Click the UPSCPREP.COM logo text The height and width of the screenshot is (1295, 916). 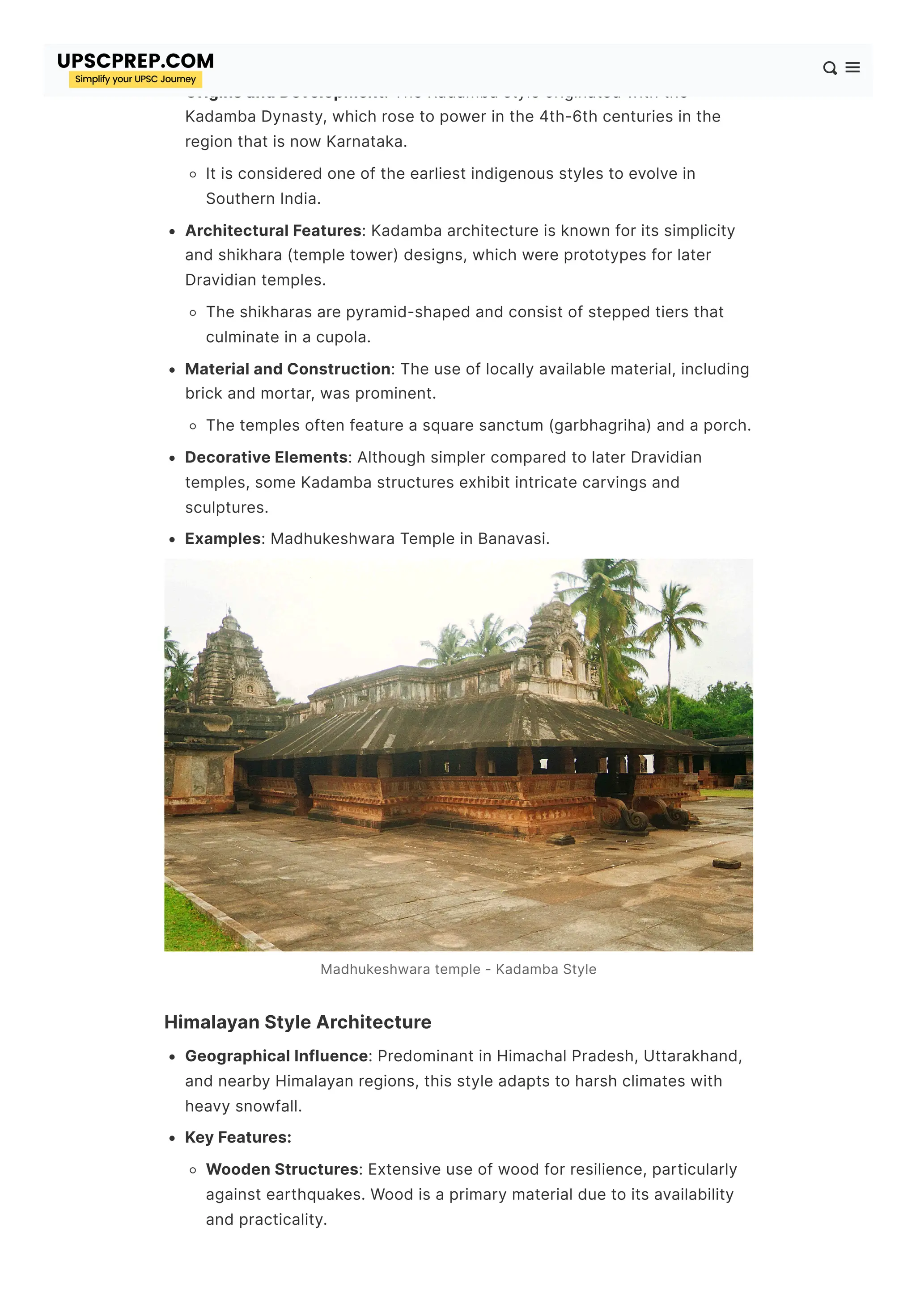(136, 61)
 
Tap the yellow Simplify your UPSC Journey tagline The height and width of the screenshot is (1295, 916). (136, 80)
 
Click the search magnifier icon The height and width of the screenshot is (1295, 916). (829, 68)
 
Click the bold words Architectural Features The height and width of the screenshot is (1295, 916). (273, 231)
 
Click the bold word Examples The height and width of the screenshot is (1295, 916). (223, 538)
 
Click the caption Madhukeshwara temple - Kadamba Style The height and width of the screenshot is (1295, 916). (458, 969)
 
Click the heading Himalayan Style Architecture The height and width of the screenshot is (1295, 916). (297, 1022)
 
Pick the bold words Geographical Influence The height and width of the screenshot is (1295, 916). (276, 1056)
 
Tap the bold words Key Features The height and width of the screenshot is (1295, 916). (237, 1137)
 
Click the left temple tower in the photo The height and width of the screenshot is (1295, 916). (233, 660)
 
